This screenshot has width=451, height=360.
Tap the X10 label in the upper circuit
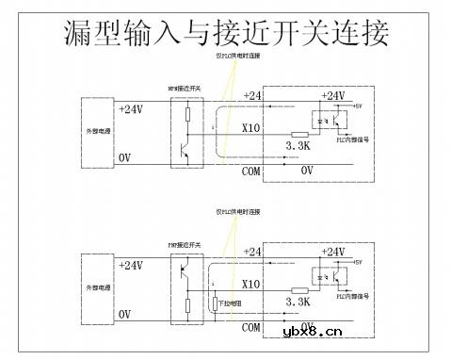(x=251, y=129)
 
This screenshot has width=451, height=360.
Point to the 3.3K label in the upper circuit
(x=298, y=146)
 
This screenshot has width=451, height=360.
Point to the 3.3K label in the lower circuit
(x=298, y=302)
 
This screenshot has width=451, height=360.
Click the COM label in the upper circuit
(x=250, y=171)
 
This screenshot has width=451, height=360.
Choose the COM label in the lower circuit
(x=250, y=327)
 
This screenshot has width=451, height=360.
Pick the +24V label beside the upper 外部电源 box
(x=131, y=110)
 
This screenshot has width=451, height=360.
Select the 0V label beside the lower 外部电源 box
(x=124, y=314)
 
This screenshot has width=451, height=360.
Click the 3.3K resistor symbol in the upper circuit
(x=300, y=135)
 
